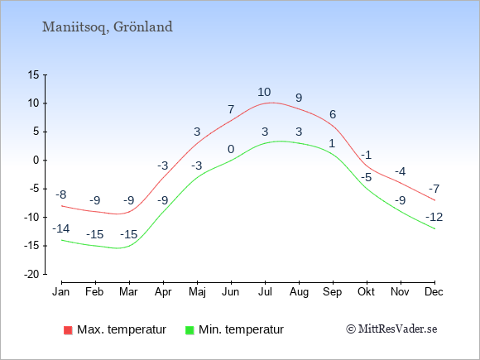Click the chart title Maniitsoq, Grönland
[107, 27]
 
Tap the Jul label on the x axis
[265, 292]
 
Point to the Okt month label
[366, 292]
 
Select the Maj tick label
[197, 292]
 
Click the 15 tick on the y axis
[33, 74]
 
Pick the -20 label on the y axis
[31, 274]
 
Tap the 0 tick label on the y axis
[36, 160]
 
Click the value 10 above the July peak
[264, 92]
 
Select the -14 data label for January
[61, 228]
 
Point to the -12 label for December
[434, 218]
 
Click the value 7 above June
[231, 109]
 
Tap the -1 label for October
[366, 155]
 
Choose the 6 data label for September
[333, 114]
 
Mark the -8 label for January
[61, 194]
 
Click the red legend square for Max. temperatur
[68, 330]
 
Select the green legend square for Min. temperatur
[190, 330]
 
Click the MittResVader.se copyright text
[391, 329]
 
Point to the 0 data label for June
[231, 150]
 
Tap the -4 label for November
[400, 171]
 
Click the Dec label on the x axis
[434, 292]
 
